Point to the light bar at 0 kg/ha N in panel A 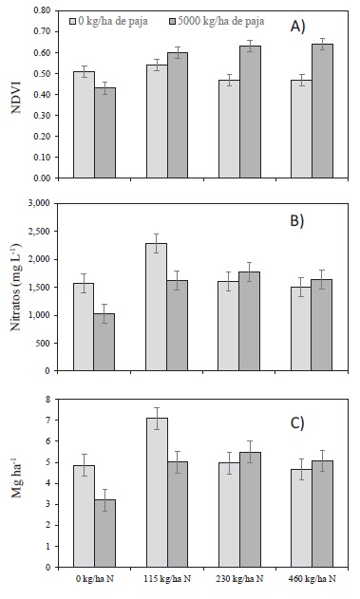[x=84, y=123]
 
